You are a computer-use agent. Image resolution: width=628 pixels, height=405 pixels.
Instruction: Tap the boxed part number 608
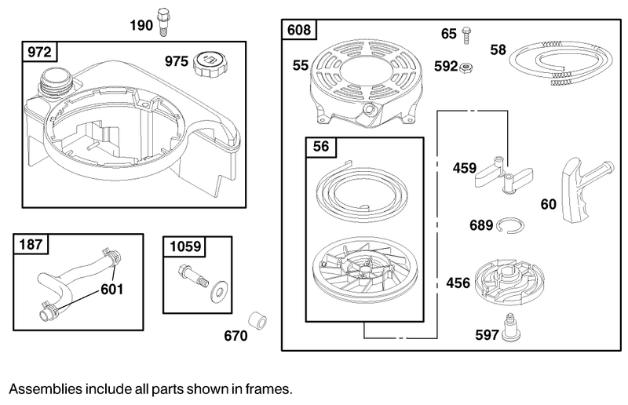click(x=299, y=31)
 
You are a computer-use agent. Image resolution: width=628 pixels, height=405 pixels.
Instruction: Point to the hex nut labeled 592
click(x=466, y=67)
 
